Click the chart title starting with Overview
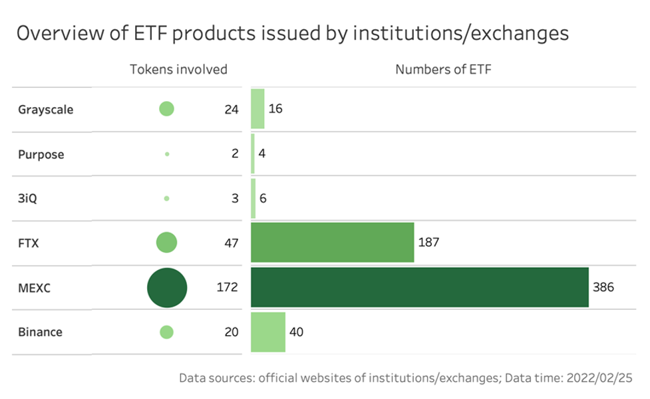(292, 33)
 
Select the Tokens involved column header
(178, 69)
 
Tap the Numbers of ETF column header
(443, 69)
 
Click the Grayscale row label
(45, 110)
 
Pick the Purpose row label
(41, 154)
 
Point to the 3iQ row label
(29, 198)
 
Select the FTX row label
(29, 243)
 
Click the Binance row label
(40, 332)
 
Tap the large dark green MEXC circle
(167, 287)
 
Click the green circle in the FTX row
(166, 243)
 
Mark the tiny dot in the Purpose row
(167, 154)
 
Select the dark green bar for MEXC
(419, 287)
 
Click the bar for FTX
(332, 243)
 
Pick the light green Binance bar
(267, 332)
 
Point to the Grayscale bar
(257, 109)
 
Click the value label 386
(603, 287)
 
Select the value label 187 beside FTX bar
(428, 243)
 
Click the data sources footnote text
(405, 378)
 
